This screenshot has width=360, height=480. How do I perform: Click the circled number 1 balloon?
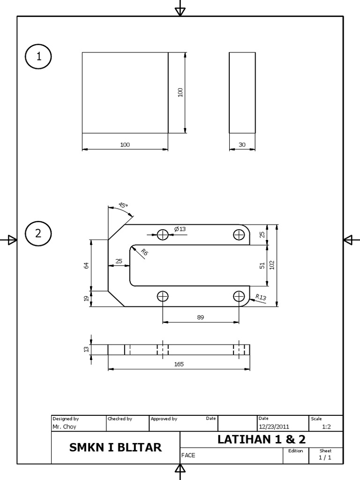coord(38,56)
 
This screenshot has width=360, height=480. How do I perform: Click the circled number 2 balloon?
coord(38,233)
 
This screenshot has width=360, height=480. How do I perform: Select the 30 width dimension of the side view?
coord(242,145)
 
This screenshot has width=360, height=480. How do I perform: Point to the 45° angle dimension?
coord(123,205)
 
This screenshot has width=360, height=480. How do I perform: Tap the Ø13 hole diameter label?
coord(180,229)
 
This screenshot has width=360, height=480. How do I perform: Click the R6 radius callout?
coord(144,252)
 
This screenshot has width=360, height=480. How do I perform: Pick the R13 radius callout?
coord(261,297)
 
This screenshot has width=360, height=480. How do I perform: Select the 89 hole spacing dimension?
coord(201,317)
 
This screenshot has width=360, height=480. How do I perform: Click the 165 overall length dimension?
coord(179,364)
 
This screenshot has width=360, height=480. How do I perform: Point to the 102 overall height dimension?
coord(272,265)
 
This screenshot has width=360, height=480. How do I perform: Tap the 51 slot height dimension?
coord(262,266)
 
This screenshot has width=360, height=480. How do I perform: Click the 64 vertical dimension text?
coord(86,265)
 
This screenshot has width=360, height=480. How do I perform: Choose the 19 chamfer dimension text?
coord(86,298)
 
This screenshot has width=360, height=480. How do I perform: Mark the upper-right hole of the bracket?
coord(240,235)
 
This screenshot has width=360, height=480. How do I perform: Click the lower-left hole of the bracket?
coord(163,296)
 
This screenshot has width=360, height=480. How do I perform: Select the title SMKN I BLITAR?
coord(115,447)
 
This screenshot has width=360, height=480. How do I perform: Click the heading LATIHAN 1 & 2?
coord(262,439)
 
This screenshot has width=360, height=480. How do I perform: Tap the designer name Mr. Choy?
coord(64,427)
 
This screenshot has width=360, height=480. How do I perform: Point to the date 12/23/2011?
coord(274,427)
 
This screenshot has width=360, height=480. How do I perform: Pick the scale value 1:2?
coord(327,427)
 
